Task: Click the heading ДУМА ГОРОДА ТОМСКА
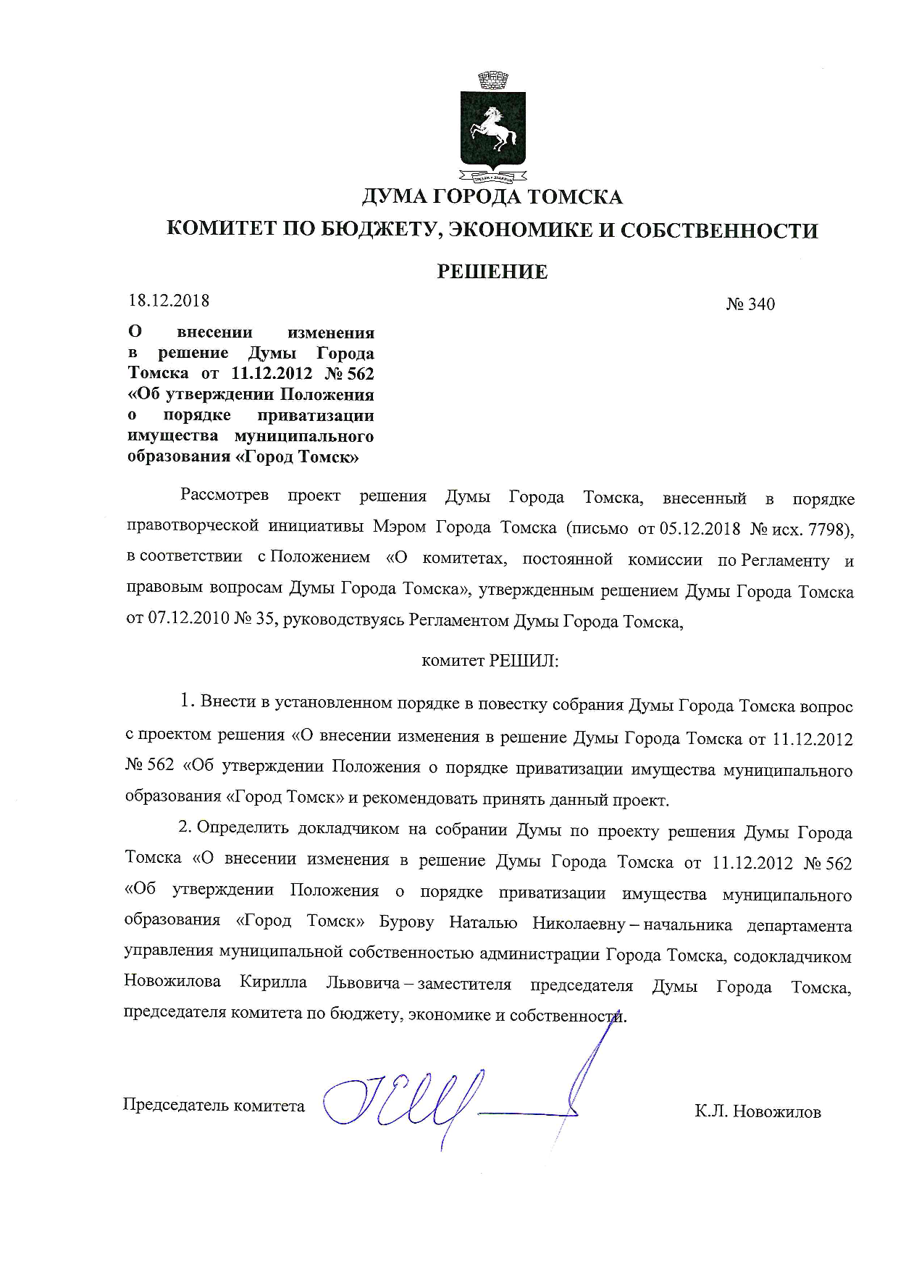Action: tap(492, 197)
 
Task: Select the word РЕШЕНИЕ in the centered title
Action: tap(492, 272)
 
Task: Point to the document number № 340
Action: tap(750, 304)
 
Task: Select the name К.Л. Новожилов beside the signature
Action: tap(758, 1111)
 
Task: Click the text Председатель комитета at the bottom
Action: tap(214, 1106)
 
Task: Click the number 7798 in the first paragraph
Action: tap(831, 530)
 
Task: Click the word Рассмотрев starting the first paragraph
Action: tap(224, 497)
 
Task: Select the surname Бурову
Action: tap(406, 924)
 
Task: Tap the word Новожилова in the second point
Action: tap(172, 984)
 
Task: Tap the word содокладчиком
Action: tap(792, 956)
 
